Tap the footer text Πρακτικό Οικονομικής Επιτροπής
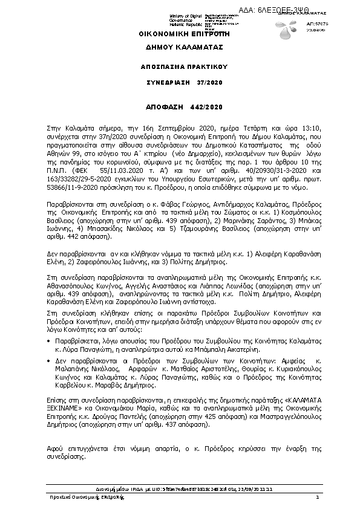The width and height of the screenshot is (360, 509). point(87,497)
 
